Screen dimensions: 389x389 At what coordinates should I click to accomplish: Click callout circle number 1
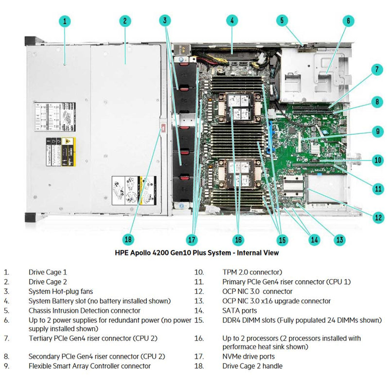click(66, 21)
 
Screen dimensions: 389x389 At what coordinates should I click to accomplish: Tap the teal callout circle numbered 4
click(232, 20)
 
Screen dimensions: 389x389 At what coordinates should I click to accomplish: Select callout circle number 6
click(348, 21)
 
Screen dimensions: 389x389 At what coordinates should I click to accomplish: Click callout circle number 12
click(378, 218)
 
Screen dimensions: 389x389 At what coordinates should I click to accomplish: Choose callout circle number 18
click(128, 239)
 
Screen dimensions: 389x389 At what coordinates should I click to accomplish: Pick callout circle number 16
click(238, 239)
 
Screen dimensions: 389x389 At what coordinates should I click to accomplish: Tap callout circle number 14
click(315, 239)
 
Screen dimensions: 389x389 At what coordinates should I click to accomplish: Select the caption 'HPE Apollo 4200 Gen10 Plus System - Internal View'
click(196, 253)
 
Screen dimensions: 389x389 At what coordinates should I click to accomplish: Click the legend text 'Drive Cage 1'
click(48, 273)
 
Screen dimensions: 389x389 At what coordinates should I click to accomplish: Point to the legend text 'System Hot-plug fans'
click(60, 292)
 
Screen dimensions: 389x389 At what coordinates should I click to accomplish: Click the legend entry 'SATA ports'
click(240, 311)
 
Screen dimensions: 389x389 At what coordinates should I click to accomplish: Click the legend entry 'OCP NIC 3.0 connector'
click(258, 292)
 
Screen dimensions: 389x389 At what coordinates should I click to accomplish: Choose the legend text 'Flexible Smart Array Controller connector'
click(89, 366)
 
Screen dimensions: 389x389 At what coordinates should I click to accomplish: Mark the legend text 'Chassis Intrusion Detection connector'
click(84, 311)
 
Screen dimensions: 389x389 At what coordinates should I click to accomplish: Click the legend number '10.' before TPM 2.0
click(199, 273)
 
